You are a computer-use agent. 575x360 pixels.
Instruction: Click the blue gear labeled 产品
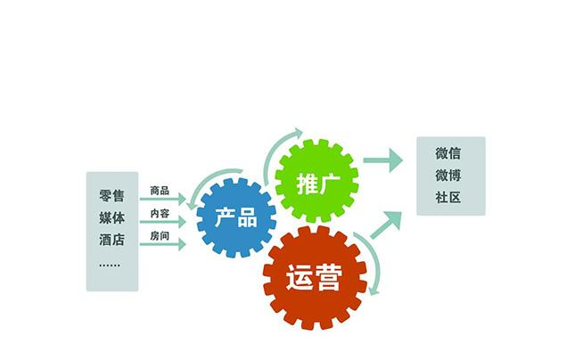(x=236, y=217)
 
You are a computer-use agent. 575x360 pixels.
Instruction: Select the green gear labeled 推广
(x=316, y=180)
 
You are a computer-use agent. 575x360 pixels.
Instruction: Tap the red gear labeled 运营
(x=315, y=277)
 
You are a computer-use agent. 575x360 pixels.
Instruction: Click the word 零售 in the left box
(x=111, y=195)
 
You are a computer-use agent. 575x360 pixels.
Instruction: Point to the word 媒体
(x=111, y=217)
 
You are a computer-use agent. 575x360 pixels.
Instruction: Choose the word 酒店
(x=111, y=240)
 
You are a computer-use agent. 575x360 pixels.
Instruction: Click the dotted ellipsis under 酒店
(x=110, y=265)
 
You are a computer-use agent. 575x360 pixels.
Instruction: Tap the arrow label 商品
(x=160, y=191)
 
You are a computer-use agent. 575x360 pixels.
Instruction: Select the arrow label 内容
(x=160, y=213)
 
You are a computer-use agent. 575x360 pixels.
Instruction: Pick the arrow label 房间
(x=160, y=236)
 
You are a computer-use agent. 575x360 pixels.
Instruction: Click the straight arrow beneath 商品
(x=163, y=199)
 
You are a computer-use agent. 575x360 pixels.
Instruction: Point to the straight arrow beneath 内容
(x=163, y=222)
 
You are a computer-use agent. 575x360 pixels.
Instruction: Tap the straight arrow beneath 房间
(x=163, y=244)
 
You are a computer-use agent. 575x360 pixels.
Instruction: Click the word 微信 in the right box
(x=448, y=153)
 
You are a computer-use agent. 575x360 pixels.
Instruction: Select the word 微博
(x=448, y=176)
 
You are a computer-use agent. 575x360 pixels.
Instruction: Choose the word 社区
(x=448, y=198)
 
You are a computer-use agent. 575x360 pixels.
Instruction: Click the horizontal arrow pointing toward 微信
(x=382, y=160)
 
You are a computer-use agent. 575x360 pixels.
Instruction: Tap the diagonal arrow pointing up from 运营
(x=385, y=225)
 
